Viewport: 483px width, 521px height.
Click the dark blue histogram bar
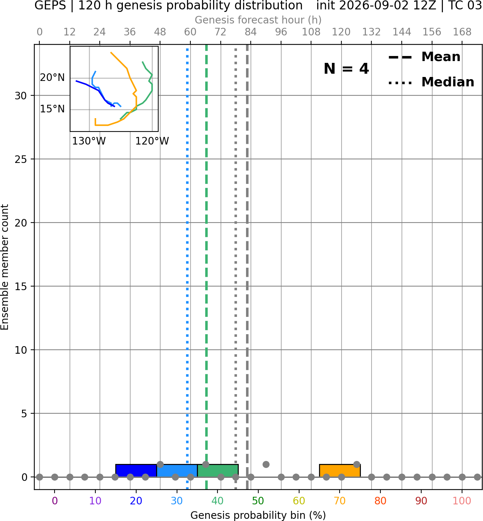136,471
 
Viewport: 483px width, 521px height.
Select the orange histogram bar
340,471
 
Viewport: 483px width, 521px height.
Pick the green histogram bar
218,471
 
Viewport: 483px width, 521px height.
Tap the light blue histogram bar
177,471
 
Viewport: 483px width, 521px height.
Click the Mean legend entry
424,57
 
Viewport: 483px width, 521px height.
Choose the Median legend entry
431,82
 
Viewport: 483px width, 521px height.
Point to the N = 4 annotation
346,69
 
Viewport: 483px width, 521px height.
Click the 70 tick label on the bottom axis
340,501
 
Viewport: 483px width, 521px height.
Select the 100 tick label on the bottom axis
462,501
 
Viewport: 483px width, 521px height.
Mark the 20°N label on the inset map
52,78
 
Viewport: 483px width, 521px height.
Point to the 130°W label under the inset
89,141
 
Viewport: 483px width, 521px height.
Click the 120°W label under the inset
152,141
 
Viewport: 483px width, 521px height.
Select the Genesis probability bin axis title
258,515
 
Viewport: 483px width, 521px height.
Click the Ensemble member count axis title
5,267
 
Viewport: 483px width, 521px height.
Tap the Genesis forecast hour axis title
258,20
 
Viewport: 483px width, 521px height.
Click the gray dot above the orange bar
357,464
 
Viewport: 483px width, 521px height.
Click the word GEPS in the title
50,5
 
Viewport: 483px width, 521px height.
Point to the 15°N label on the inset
52,109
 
